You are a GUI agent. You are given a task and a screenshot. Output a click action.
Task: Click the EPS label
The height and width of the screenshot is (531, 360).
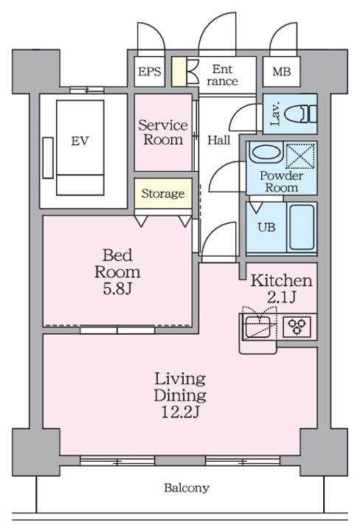tap(149, 72)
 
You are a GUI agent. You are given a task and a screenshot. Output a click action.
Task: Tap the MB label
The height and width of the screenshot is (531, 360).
tap(281, 72)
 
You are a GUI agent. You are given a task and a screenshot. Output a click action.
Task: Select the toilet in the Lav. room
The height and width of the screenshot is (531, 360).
tap(300, 114)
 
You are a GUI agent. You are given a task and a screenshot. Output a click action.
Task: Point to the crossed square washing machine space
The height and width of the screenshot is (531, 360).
tap(300, 156)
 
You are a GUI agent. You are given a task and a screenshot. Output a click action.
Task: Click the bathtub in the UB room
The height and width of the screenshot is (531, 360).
tap(302, 227)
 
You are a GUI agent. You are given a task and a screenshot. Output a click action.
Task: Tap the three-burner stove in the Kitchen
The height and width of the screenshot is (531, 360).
tap(297, 327)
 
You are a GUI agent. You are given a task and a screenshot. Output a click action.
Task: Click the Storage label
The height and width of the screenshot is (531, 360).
tap(163, 193)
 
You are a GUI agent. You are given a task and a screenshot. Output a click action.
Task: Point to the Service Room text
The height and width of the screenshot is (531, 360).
tap(163, 133)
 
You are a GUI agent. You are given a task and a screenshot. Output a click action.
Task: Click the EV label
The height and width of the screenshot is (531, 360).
tap(80, 141)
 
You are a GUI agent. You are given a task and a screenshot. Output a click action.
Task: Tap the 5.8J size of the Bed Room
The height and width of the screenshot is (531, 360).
tap(117, 289)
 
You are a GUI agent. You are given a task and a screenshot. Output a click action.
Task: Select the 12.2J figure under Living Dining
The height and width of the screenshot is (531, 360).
tap(180, 412)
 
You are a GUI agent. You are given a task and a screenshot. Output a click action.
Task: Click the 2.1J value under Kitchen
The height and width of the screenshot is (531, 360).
tap(282, 297)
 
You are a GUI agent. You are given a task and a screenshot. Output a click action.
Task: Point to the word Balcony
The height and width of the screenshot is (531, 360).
tap(187, 488)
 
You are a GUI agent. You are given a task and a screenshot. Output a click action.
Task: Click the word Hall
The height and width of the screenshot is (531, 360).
tap(219, 140)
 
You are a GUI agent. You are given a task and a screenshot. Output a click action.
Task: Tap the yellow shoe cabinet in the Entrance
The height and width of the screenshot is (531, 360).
tap(179, 72)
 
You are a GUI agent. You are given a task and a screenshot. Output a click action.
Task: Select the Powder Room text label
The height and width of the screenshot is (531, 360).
tap(281, 181)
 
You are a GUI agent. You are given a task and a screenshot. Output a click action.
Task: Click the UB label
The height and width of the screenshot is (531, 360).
tap(266, 227)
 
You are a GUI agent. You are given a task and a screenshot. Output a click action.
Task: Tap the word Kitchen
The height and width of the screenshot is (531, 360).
tap(281, 281)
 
